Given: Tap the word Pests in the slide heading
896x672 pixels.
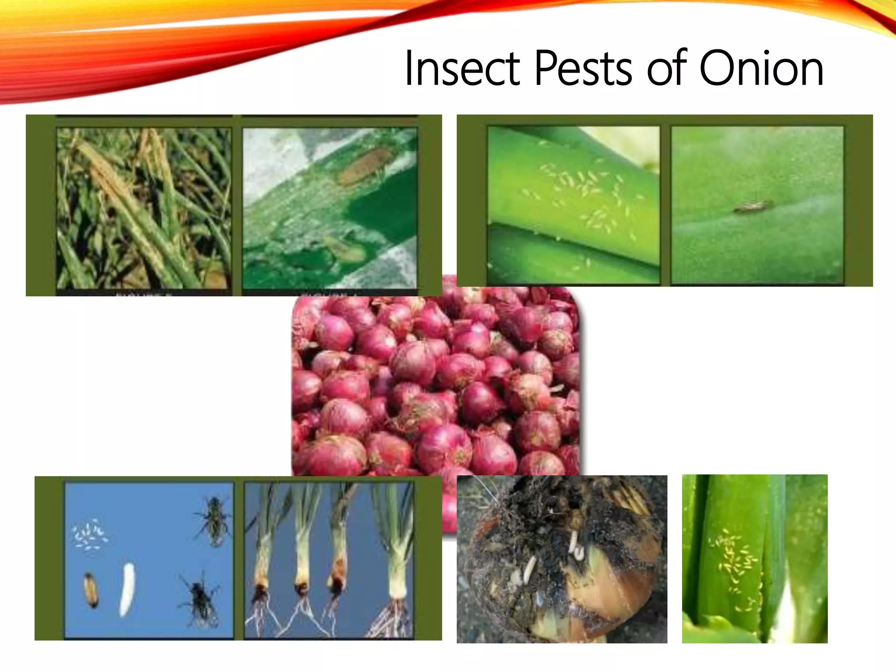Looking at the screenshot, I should pos(583,69).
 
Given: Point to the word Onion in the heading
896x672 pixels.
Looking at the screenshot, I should pos(761,69).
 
